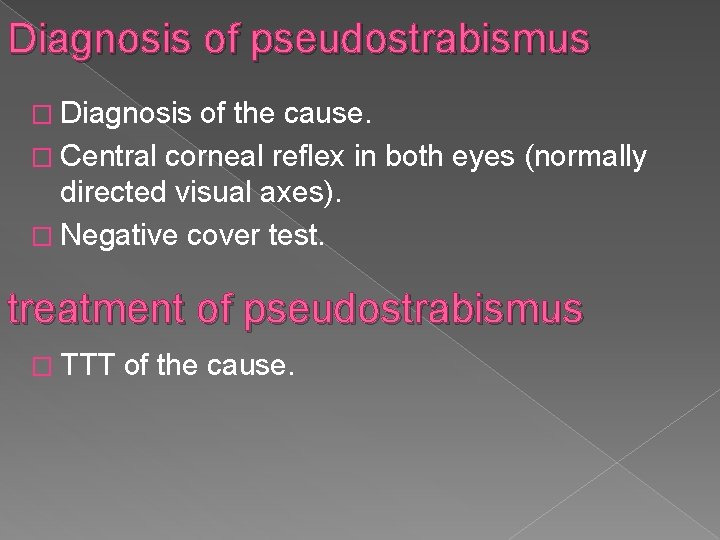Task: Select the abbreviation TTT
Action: (95, 368)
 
